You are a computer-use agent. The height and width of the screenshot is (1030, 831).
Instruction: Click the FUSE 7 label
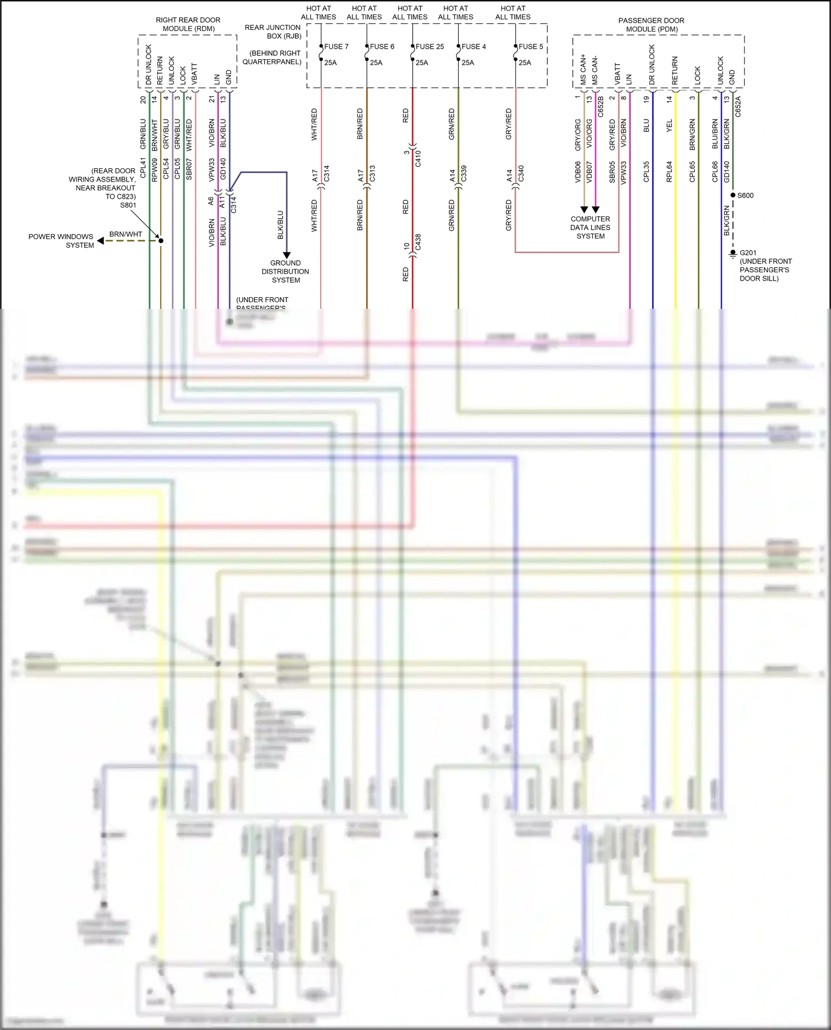pos(336,46)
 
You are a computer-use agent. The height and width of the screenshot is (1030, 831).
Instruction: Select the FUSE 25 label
pos(429,46)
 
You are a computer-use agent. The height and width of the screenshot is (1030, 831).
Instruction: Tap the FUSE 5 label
pos(531,46)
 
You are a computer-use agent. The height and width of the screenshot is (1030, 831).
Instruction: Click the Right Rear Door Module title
pos(188,24)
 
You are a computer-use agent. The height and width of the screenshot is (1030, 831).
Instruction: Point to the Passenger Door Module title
pos(652,25)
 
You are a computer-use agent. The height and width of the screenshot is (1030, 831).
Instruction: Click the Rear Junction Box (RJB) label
pos(273,32)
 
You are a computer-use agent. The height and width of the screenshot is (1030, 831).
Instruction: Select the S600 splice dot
pos(733,195)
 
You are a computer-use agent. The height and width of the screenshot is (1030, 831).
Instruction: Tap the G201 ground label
pos(748,253)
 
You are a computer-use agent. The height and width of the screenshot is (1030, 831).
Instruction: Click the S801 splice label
pos(128,205)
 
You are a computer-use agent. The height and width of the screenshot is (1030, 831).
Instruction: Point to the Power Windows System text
pos(61,241)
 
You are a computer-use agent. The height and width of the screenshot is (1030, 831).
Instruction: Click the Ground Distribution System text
pos(285,272)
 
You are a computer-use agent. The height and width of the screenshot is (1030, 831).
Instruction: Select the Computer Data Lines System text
pos(590,227)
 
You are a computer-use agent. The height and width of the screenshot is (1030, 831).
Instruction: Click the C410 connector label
pos(418,158)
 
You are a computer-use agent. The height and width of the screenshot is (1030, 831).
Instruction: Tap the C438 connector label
pos(418,242)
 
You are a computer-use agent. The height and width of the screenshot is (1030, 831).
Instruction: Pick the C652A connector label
pos(738,107)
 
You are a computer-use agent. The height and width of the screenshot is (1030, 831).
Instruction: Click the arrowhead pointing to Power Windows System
pos(100,241)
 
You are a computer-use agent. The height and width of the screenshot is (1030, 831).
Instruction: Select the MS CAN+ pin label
pos(583,70)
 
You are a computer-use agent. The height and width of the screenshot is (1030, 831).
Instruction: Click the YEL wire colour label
pos(669,126)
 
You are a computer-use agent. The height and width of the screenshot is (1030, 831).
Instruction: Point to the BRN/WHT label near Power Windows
pos(126,234)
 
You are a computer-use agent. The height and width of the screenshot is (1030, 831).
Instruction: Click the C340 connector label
pos(521,173)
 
